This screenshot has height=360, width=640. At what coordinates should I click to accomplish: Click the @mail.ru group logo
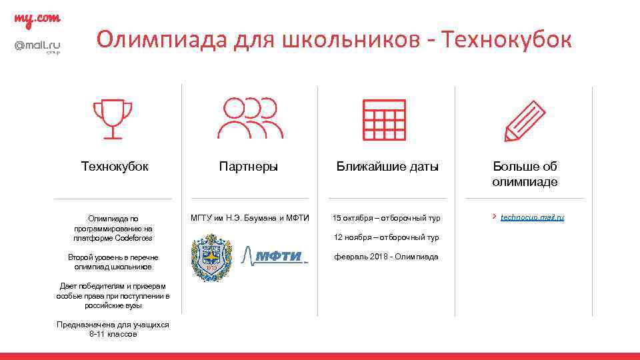37,47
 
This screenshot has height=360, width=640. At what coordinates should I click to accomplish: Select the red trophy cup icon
112,119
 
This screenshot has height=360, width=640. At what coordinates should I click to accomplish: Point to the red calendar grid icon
383,120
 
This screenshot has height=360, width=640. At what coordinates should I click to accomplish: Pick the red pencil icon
524,121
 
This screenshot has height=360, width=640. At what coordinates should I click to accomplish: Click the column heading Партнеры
249,167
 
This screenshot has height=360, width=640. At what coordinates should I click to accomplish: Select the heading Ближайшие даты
387,167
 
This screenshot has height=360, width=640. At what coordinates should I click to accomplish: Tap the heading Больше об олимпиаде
525,174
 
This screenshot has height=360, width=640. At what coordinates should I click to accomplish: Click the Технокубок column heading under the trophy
115,167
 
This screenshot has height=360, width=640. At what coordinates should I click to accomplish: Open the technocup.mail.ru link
532,217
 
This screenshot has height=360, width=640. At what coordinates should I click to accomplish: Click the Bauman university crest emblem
211,257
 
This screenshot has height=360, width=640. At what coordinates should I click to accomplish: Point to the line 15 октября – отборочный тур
387,218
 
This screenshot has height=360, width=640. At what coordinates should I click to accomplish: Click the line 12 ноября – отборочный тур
387,237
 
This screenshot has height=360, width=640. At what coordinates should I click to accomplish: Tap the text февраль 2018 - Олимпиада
387,257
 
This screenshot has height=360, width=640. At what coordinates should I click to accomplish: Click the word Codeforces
133,238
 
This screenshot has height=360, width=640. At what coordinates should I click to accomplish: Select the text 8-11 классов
113,334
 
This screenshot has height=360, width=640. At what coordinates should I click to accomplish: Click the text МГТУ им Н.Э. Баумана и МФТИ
250,218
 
